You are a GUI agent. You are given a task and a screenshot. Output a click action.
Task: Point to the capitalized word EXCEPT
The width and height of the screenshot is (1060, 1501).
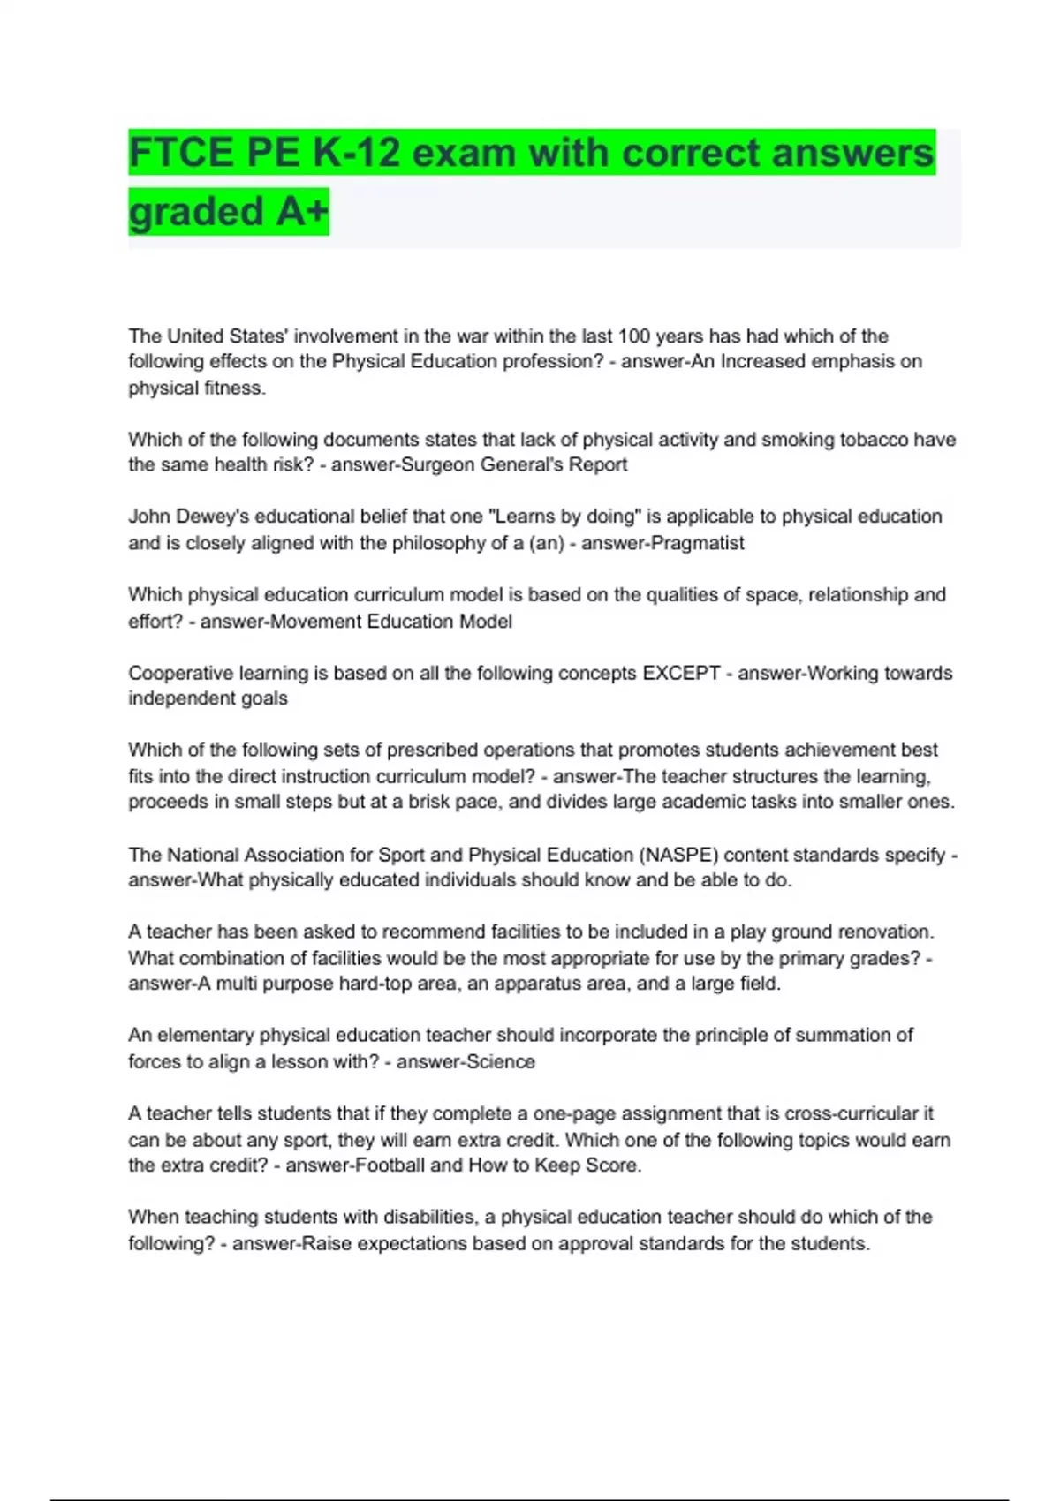681,673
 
